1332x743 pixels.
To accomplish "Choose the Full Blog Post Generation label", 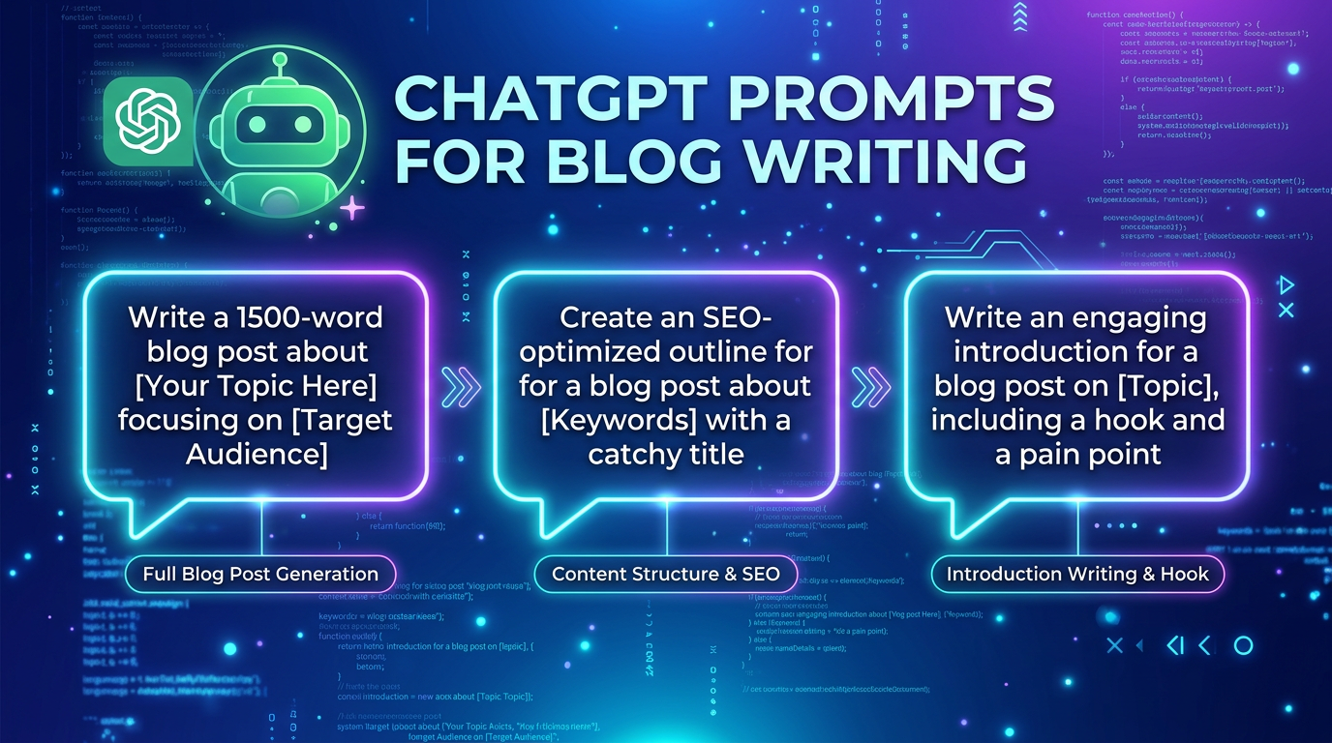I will coord(260,574).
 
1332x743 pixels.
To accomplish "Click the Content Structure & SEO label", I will coord(666,574).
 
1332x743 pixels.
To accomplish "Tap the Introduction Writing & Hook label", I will coord(1077,574).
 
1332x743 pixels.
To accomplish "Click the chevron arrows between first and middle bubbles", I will coord(460,385).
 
